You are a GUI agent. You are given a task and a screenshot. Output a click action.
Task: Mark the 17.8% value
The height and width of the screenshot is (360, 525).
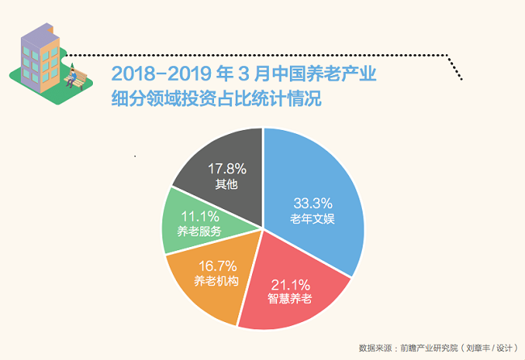(227, 169)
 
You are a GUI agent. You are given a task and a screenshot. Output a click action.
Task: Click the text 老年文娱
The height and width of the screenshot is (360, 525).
(312, 218)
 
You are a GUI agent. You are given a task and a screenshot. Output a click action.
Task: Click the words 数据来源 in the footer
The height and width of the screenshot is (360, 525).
(374, 348)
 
